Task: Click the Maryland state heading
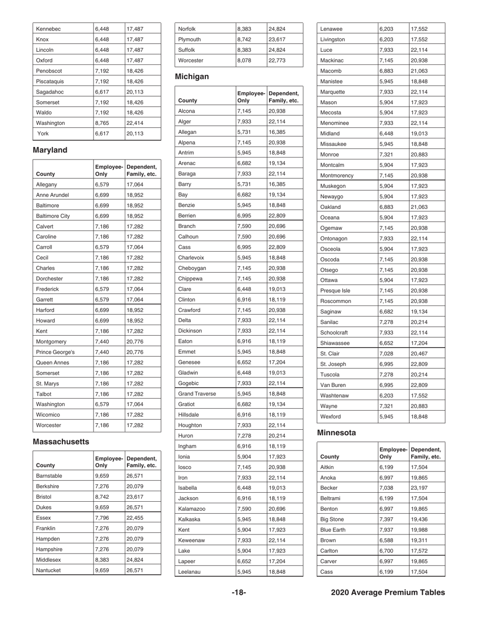(x=51, y=150)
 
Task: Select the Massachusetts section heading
(x=60, y=441)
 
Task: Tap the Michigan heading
(x=191, y=78)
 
